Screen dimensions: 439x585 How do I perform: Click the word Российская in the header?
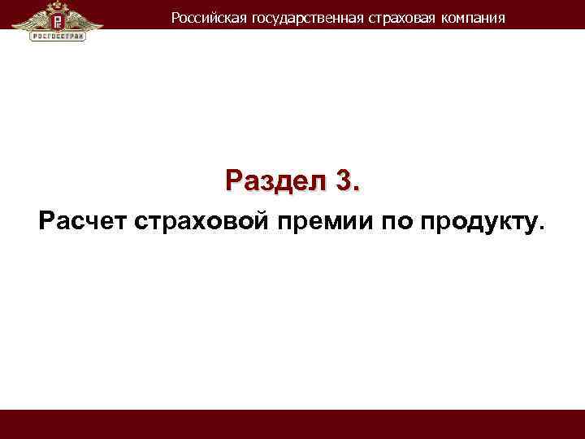pyautogui.click(x=202, y=17)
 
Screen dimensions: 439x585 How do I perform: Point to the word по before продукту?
pyautogui.click(x=393, y=220)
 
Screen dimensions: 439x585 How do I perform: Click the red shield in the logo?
pyautogui.click(x=58, y=18)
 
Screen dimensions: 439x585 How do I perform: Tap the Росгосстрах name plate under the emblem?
pyautogui.click(x=58, y=37)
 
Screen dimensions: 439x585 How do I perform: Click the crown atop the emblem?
pyautogui.click(x=58, y=6)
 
